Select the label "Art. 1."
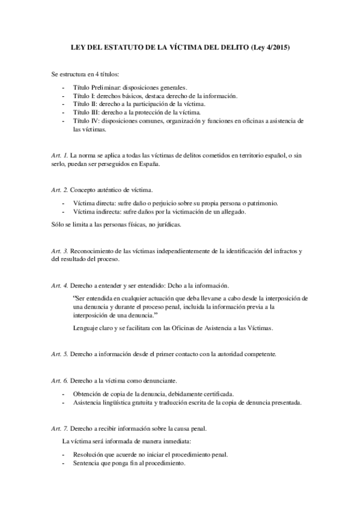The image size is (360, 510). coord(60,155)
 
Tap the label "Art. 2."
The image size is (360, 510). coord(60,189)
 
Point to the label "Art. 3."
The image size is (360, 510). coord(60,250)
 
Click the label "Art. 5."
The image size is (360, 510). coord(60,354)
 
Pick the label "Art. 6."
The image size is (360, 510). coord(60,381)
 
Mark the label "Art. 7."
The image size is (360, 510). coord(60,428)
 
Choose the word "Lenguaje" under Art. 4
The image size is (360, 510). coord(85,328)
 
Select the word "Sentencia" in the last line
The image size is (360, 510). coord(88,464)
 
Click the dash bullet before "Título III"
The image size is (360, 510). coord(63,112)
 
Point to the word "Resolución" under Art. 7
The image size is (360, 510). coord(89,455)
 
